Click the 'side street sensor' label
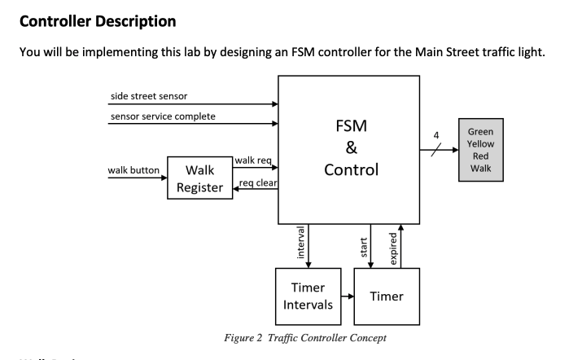pos(148,95)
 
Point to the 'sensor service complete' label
pos(163,116)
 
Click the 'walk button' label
pos(133,170)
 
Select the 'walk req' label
pos(254,160)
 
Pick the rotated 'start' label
pos(363,245)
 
